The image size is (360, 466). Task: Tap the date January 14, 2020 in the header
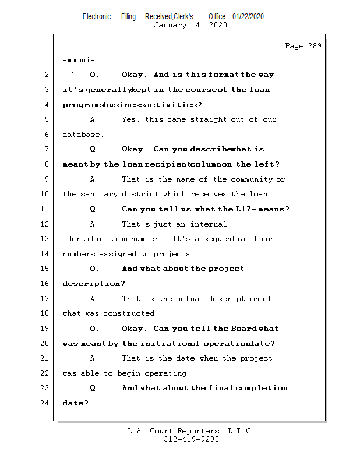[190, 25]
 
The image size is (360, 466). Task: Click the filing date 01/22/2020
[248, 17]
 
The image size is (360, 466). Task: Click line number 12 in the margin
[46, 224]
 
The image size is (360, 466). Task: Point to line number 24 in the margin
[46, 403]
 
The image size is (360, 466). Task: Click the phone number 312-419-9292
[191, 440]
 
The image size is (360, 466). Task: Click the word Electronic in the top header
[97, 17]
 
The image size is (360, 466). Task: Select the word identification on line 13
[94, 239]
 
